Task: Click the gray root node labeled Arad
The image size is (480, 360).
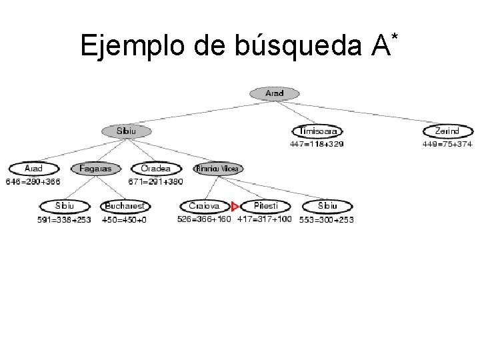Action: (x=274, y=93)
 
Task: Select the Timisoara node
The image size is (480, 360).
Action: (x=317, y=131)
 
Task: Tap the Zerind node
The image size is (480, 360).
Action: (x=447, y=131)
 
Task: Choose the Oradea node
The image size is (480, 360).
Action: (x=155, y=169)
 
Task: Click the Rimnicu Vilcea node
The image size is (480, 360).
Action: (x=218, y=169)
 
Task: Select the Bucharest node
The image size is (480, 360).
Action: (x=125, y=206)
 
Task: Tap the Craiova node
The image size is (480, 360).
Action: (x=204, y=206)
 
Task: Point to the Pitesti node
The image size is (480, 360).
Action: (x=265, y=206)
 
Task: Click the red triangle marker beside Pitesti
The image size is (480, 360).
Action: (x=235, y=207)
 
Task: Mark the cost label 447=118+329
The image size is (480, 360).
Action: (x=317, y=143)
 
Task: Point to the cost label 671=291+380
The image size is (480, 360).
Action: (x=155, y=181)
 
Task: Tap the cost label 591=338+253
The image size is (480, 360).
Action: (x=64, y=219)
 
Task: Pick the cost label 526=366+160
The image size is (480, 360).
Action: (x=204, y=219)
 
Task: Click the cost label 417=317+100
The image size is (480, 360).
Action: (x=265, y=219)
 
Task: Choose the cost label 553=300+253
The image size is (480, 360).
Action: (x=327, y=219)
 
